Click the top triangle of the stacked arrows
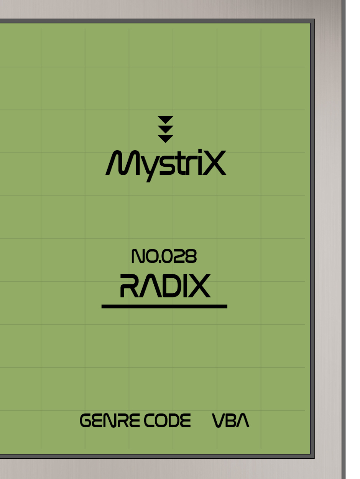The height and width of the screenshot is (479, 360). (166, 119)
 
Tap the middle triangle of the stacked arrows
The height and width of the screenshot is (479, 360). (166, 128)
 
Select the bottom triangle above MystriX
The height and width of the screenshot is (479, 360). (166, 138)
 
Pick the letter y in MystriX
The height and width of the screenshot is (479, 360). (142, 168)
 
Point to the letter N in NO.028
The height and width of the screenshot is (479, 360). (137, 256)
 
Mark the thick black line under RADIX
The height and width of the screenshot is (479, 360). (164, 306)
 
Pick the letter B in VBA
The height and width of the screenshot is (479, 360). (232, 421)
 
